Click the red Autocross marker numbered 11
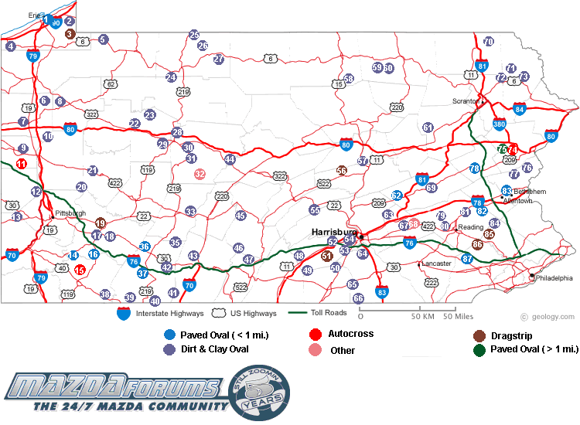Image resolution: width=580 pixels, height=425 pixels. [x=21, y=164]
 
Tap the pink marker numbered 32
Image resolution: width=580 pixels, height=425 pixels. [x=200, y=175]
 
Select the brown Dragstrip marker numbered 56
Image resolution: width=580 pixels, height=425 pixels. [x=342, y=171]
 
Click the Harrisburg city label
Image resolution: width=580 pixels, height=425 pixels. [x=334, y=231]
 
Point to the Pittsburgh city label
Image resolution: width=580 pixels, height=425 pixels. [x=70, y=213]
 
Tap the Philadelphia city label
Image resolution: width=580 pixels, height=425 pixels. [x=555, y=277]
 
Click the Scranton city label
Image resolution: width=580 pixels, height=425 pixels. [x=466, y=101]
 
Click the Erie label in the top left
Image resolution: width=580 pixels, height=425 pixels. [x=34, y=15]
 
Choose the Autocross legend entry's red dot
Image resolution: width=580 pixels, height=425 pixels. [x=315, y=335]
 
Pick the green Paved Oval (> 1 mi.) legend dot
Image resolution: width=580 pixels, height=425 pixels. [x=479, y=350]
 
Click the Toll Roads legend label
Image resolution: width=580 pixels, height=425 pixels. [x=323, y=313]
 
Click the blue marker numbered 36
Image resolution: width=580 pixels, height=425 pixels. [x=144, y=246]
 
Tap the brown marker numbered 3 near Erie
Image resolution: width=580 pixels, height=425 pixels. [x=70, y=33]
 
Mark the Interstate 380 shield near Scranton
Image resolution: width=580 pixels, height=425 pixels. [x=499, y=123]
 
